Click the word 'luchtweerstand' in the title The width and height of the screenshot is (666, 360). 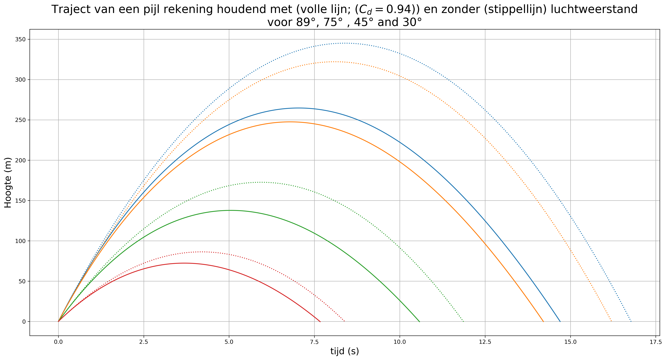click(594, 10)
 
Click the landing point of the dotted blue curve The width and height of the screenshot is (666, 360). click(631, 322)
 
